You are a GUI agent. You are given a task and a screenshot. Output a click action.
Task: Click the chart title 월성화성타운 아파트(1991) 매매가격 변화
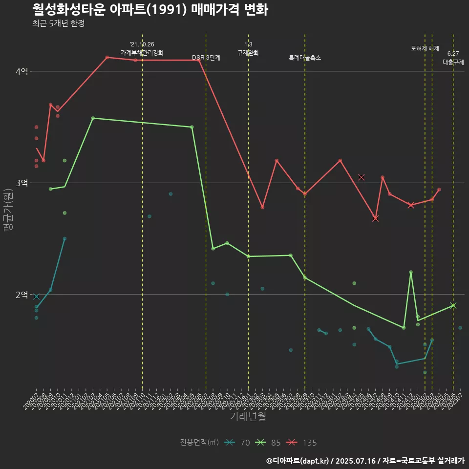150,10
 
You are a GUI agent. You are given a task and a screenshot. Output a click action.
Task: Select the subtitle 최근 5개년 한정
59,23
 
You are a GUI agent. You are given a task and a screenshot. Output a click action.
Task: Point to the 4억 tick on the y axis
21,71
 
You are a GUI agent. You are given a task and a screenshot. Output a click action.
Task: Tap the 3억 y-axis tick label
21,183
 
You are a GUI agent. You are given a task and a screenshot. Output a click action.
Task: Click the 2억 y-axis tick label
21,295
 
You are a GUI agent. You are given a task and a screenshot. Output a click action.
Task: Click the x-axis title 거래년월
248,416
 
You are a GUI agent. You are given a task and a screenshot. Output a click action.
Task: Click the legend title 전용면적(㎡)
199,443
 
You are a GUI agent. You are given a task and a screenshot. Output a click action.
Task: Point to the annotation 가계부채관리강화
142,53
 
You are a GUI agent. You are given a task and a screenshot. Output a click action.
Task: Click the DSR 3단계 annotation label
206,58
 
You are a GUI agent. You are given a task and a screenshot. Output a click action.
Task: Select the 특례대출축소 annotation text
305,58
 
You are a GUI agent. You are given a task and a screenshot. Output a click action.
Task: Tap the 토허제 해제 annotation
425,48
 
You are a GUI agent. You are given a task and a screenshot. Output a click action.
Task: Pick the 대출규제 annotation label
453,62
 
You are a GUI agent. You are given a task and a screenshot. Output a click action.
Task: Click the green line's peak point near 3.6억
93,118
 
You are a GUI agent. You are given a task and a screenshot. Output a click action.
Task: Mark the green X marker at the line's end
453,306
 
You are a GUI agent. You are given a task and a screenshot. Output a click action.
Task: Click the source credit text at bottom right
365,461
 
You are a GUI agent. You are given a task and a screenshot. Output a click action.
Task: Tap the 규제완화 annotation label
248,53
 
